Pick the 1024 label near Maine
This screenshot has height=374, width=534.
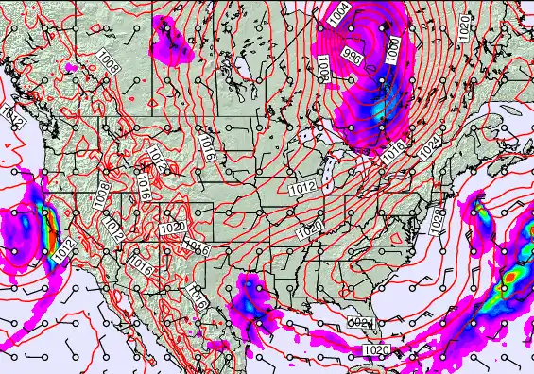[430, 146]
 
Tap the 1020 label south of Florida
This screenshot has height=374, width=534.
[375, 351]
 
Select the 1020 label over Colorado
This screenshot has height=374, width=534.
[171, 229]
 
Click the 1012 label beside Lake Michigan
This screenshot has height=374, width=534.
[302, 188]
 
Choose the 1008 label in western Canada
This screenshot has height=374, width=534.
[109, 65]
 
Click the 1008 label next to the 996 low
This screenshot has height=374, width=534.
[322, 67]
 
